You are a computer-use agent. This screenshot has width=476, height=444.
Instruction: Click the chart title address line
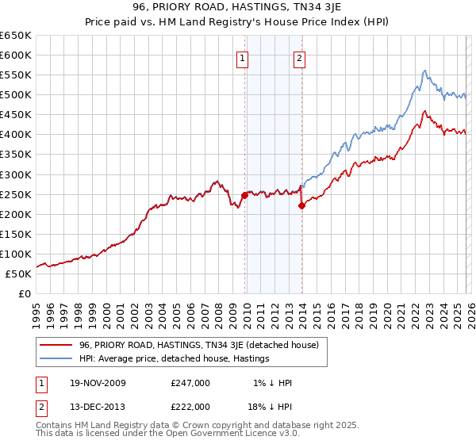coord(237,8)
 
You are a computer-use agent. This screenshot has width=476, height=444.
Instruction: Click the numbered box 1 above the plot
coord(242,57)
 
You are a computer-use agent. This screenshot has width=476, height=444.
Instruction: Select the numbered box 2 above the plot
coord(299,57)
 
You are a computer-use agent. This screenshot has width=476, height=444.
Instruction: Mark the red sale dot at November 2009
coord(244,195)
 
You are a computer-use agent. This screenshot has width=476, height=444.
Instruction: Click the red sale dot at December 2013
coord(301,205)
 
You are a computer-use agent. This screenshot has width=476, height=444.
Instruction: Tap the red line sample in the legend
coord(57,345)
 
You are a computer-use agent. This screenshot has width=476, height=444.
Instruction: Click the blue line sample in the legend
coord(57,359)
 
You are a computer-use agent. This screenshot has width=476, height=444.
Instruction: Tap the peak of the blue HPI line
coord(424,71)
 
